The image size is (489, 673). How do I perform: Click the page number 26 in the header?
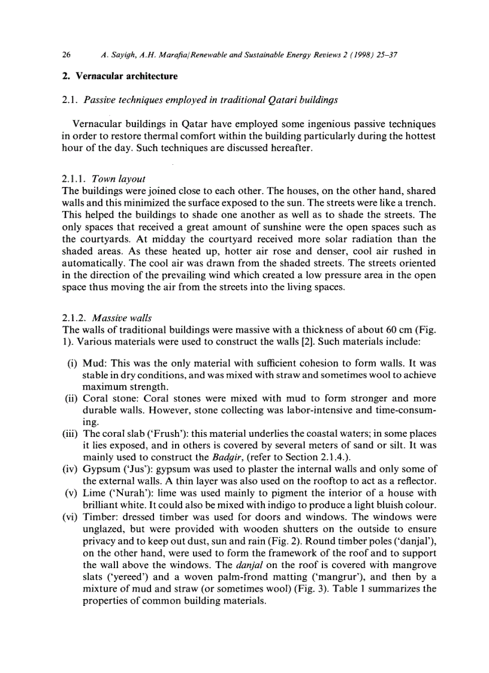pyautogui.click(x=67, y=55)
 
